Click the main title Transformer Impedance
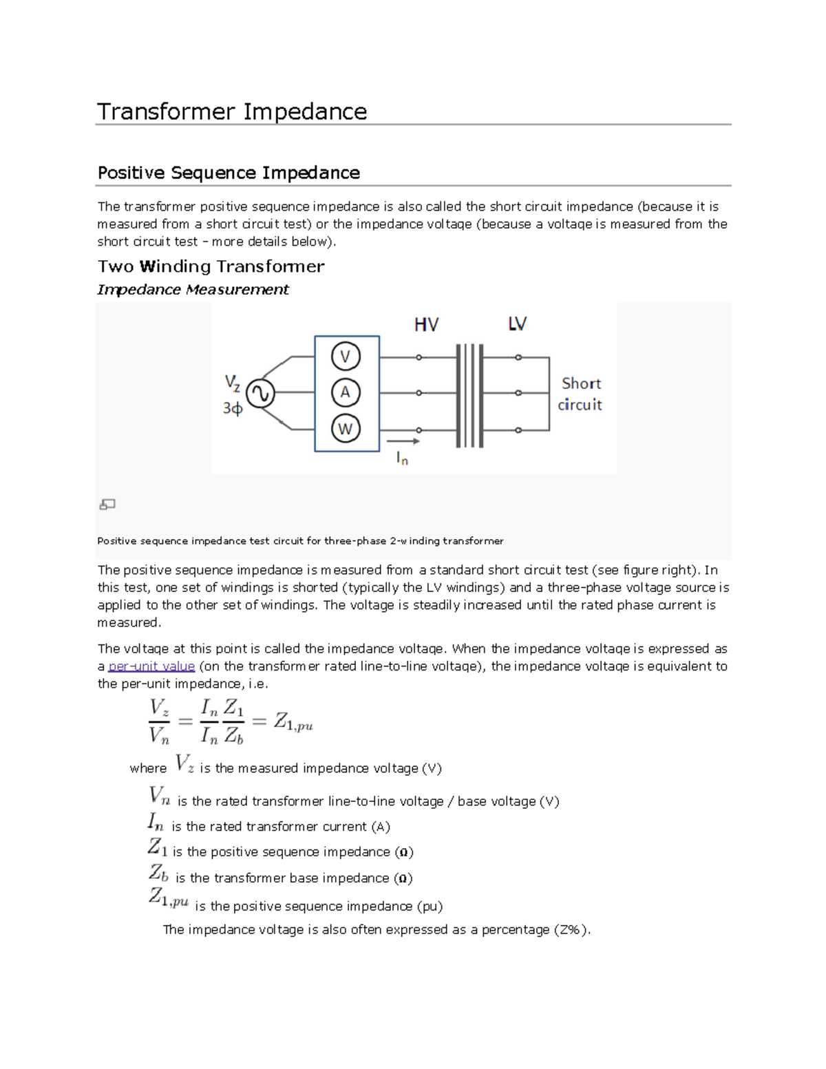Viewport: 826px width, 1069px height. coord(232,112)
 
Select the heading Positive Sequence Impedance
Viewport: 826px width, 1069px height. coord(229,173)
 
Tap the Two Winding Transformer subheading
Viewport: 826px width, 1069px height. coord(211,266)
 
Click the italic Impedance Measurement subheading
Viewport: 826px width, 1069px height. coord(193,290)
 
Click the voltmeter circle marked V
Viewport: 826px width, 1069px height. coord(346,357)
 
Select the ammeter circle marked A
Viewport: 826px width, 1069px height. coord(346,392)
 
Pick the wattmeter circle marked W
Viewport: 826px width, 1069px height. coord(346,429)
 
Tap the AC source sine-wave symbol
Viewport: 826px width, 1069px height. coord(260,394)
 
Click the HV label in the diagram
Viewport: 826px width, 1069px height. coord(426,325)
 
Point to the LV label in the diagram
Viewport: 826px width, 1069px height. coord(517,324)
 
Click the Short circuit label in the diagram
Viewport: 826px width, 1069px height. coord(580,394)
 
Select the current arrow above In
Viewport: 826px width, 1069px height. coord(403,441)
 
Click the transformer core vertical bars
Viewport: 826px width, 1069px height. coord(469,395)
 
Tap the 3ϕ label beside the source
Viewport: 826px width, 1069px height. coord(233,409)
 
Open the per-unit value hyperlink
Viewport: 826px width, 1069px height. coord(151,666)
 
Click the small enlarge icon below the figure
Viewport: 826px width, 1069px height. coord(107,505)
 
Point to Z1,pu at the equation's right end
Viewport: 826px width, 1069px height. coord(293,721)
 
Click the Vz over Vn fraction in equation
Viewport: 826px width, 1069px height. coord(159,721)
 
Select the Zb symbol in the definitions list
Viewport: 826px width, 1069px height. coord(158,874)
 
